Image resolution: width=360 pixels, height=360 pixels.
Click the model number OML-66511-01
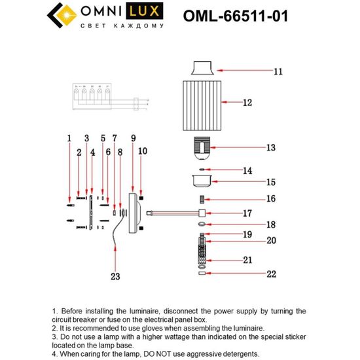(x=243, y=15)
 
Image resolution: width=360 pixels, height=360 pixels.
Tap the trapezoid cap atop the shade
(x=202, y=68)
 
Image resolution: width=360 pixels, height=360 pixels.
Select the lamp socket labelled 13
(x=203, y=147)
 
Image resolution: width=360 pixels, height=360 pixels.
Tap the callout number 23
(x=116, y=276)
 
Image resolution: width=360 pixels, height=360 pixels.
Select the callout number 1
(x=68, y=138)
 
